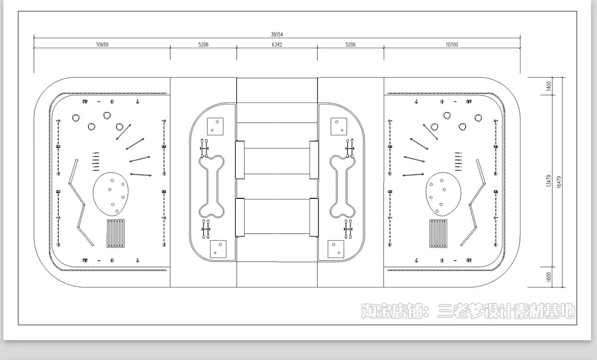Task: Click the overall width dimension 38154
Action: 277,34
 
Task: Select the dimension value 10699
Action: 102,44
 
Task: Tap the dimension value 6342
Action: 277,44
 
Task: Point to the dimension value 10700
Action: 452,44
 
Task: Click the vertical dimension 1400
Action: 548,86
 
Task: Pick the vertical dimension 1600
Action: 548,276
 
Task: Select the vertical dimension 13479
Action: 548,181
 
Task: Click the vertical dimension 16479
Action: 559,182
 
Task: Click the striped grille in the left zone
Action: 115,233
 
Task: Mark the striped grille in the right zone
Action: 438,233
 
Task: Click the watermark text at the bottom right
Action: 468,311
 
